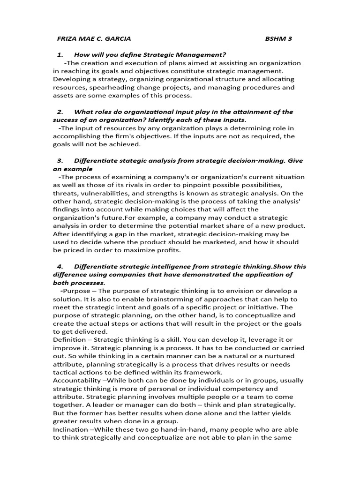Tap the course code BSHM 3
(x=278, y=38)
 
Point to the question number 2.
(x=60, y=112)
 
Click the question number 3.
(x=60, y=160)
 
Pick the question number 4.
(x=60, y=266)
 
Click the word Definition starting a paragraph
(x=69, y=339)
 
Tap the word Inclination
(x=71, y=429)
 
